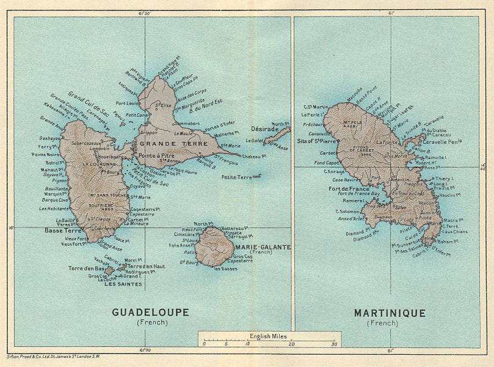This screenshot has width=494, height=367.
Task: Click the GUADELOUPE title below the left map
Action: [x=150, y=312]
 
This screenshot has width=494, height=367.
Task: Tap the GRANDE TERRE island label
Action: [x=162, y=144]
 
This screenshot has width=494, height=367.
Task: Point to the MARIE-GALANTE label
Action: [x=267, y=247]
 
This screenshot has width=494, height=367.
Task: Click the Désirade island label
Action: [x=263, y=129]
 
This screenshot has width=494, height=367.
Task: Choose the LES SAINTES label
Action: [x=123, y=284]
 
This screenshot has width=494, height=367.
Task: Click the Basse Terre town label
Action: [x=63, y=231]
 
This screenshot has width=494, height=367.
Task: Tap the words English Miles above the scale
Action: [x=269, y=336]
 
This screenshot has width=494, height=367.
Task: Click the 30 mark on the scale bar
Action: [x=333, y=344]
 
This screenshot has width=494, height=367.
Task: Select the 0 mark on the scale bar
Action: [x=204, y=344]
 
